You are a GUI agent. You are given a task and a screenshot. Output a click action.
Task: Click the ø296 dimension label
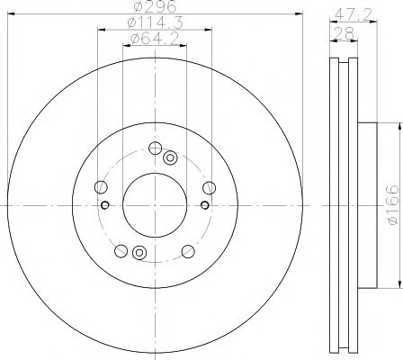(155, 6)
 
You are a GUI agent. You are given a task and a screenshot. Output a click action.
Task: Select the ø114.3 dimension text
(155, 22)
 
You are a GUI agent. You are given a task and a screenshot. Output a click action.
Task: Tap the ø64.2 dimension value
(155, 39)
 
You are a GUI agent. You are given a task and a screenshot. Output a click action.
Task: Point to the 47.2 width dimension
(354, 14)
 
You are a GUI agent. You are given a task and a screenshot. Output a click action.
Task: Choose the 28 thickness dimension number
(345, 33)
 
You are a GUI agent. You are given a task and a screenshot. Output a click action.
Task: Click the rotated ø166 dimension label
(393, 205)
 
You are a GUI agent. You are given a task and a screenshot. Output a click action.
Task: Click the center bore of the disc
(155, 205)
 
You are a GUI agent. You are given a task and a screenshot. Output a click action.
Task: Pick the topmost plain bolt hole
(156, 148)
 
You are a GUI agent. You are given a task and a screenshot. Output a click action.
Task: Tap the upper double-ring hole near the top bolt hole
(170, 157)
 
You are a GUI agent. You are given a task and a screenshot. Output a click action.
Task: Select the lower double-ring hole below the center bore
(139, 253)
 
